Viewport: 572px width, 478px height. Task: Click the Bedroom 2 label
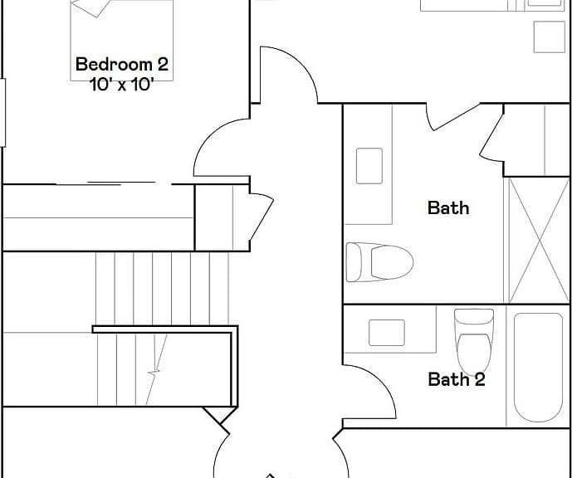tap(122, 64)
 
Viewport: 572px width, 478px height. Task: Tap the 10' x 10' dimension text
tap(120, 85)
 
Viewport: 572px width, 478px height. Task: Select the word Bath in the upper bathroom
tap(448, 207)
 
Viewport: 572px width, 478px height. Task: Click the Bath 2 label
tap(457, 379)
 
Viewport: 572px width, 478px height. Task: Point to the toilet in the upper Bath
tap(379, 262)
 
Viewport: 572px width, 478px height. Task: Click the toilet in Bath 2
tap(474, 342)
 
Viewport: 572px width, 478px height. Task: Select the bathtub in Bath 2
tap(538, 367)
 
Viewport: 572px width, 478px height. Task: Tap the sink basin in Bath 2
tap(387, 333)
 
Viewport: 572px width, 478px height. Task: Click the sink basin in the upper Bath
tap(369, 166)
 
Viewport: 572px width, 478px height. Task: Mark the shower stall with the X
tap(539, 241)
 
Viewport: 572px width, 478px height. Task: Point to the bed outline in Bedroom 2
tap(121, 40)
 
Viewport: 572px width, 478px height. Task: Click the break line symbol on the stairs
tap(156, 369)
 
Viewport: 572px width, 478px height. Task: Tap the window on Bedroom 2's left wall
tap(2, 113)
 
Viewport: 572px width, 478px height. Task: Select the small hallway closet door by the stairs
tap(262, 217)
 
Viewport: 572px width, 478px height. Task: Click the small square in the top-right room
tap(550, 37)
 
